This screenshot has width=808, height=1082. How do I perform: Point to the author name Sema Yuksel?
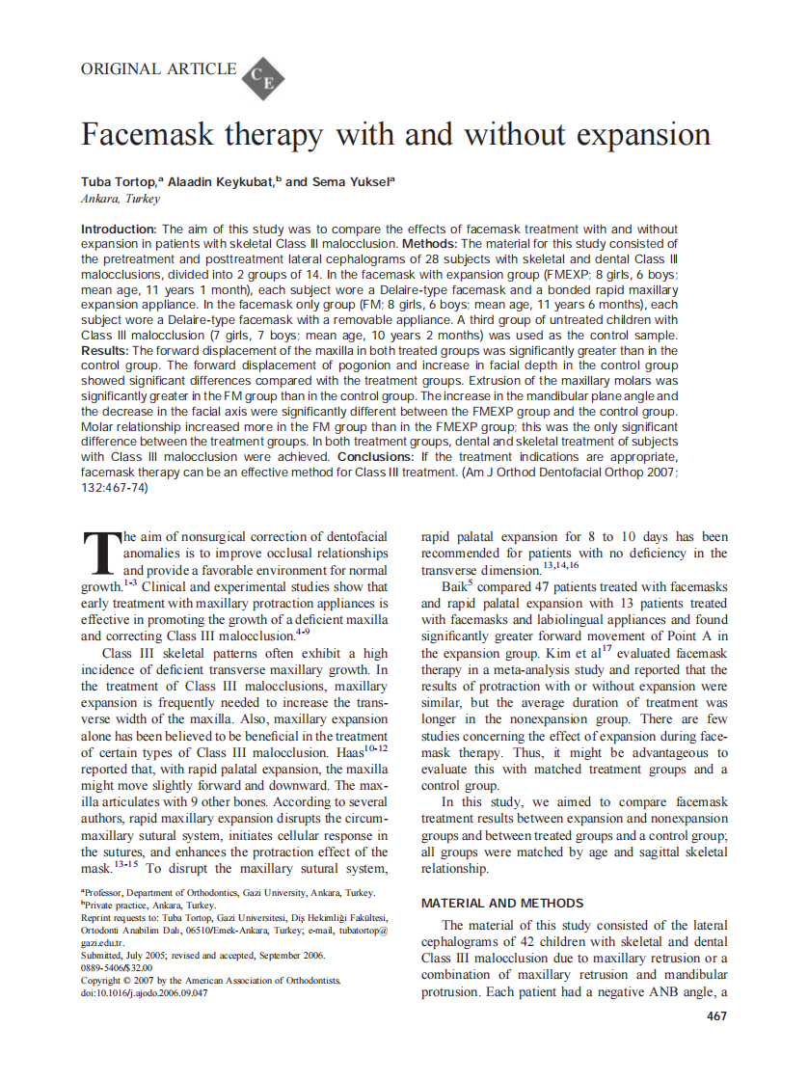tap(348, 182)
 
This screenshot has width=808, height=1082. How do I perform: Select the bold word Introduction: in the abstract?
tap(118, 230)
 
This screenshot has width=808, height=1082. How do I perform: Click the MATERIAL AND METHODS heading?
tap(501, 904)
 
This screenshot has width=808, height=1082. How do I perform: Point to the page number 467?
tap(716, 1015)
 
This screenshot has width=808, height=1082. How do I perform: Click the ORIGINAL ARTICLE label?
tap(158, 69)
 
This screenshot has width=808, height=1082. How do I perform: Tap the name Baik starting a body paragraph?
tap(457, 587)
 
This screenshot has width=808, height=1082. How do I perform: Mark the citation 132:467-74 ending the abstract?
tap(115, 488)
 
